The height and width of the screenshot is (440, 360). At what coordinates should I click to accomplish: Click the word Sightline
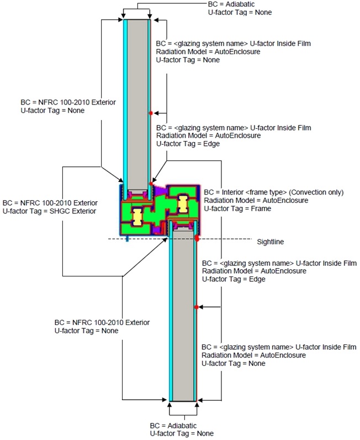(x=271, y=242)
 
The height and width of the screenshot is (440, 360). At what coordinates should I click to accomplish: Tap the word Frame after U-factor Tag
(x=261, y=208)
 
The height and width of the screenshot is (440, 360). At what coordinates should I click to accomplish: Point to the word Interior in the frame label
(x=232, y=192)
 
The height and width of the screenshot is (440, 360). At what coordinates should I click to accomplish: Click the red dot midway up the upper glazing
(x=151, y=113)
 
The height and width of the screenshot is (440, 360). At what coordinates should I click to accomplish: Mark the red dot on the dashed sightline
(x=197, y=239)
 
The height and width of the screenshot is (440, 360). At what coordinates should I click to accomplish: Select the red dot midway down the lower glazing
(x=197, y=307)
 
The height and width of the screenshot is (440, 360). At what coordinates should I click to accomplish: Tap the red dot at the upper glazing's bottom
(x=151, y=184)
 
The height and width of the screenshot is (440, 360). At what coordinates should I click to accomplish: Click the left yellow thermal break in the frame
(x=137, y=217)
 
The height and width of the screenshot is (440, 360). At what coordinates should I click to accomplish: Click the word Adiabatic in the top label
(x=240, y=4)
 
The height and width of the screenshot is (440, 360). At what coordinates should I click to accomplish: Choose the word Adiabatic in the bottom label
(x=182, y=426)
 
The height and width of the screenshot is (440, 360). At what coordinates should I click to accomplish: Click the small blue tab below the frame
(x=127, y=239)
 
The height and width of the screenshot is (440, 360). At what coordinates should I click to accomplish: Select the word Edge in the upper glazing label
(x=211, y=144)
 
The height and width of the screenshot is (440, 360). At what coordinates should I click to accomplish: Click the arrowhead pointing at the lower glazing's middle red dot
(x=200, y=307)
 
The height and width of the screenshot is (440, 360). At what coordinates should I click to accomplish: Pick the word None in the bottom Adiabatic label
(x=205, y=433)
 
